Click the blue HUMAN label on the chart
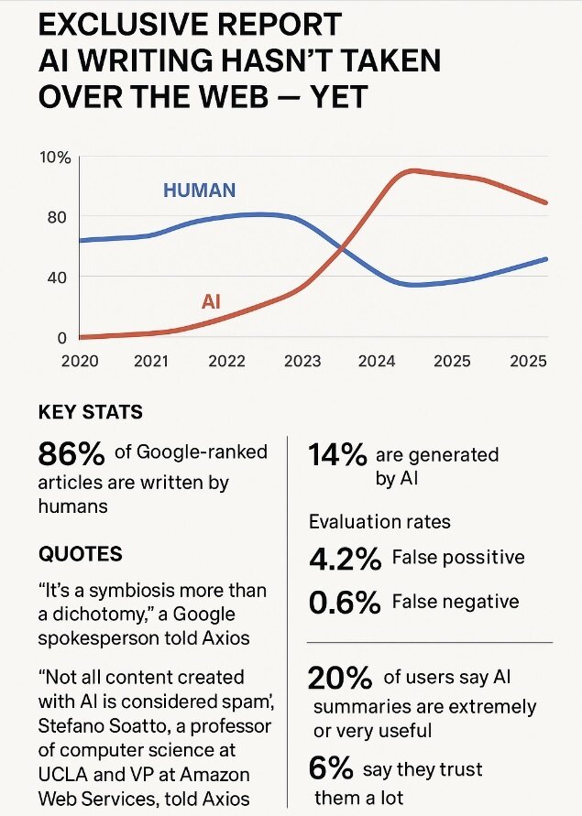click(199, 190)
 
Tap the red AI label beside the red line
click(211, 300)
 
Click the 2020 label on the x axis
click(80, 361)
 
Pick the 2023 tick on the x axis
click(302, 361)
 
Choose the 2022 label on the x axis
click(228, 361)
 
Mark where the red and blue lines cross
click(342, 247)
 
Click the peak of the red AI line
click(412, 170)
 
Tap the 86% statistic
click(71, 453)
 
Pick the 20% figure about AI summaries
click(341, 679)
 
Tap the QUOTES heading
click(80, 554)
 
